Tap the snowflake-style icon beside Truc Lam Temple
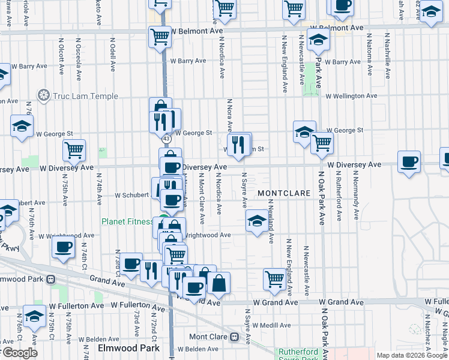click(43, 95)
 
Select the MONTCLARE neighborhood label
click(284, 194)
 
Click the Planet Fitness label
click(127, 221)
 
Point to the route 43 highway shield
click(166, 139)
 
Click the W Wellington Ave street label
click(351, 96)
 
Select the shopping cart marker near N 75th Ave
click(74, 150)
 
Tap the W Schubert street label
click(131, 195)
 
